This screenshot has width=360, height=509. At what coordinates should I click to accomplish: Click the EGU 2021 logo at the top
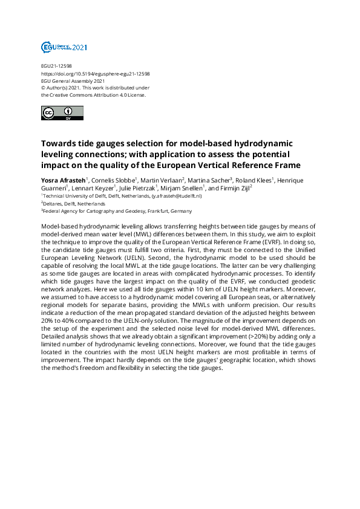64,47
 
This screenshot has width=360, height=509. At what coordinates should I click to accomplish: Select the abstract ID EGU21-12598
56,66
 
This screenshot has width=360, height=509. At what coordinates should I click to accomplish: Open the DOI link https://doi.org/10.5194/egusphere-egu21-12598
95,74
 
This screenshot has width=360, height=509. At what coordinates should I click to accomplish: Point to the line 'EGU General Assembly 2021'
73,81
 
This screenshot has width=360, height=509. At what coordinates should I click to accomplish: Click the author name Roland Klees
254,180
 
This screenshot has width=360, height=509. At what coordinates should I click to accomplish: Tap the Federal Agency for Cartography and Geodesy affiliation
117,211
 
